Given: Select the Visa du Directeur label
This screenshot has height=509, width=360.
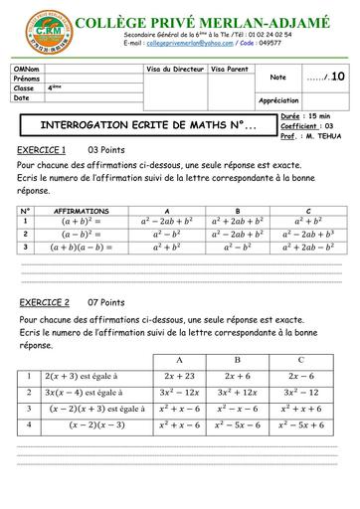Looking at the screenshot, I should click(x=176, y=70).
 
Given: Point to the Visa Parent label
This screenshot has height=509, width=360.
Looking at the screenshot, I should click(x=231, y=70).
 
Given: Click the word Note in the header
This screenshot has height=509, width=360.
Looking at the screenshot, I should click(x=277, y=77).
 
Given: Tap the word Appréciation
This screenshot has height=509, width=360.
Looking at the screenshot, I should click(x=279, y=100).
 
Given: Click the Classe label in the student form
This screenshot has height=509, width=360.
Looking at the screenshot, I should click(x=24, y=88).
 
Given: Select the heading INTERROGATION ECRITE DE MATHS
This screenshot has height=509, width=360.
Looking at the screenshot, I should click(x=146, y=127).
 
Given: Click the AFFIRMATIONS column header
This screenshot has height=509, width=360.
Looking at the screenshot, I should click(x=82, y=211).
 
